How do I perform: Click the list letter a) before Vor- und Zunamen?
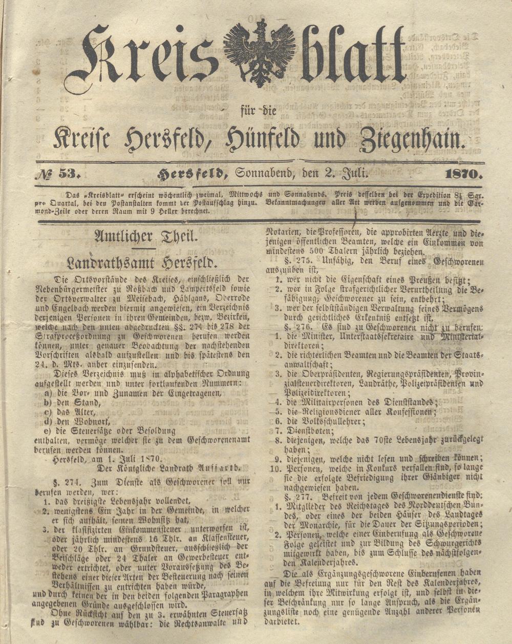click(x=49, y=393)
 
